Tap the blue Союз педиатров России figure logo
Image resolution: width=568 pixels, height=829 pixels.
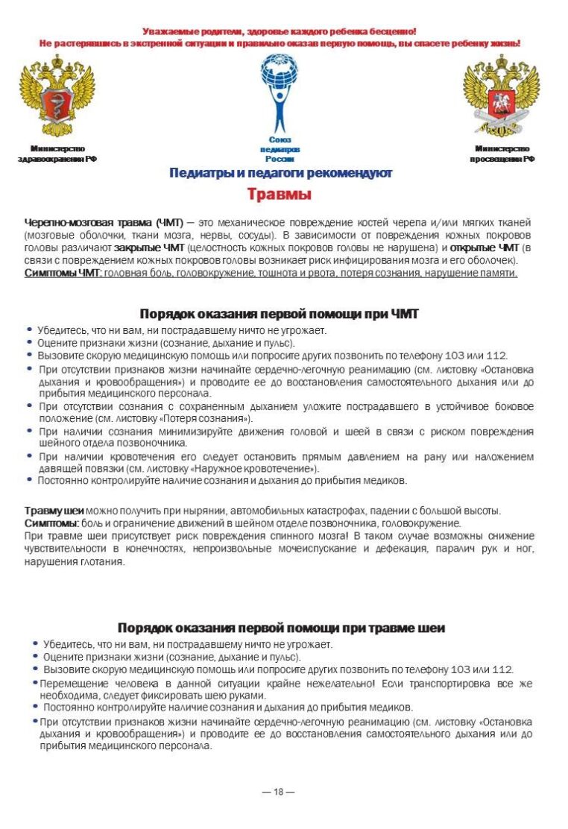pyautogui.click(x=280, y=94)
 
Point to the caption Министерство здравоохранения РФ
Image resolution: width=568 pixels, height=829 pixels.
pyautogui.click(x=57, y=154)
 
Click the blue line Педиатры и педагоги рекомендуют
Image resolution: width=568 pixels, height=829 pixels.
pyautogui.click(x=280, y=173)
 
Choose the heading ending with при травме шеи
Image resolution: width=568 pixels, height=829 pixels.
pyautogui.click(x=281, y=628)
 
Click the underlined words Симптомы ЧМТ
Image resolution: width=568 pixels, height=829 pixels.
pyautogui.click(x=63, y=274)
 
